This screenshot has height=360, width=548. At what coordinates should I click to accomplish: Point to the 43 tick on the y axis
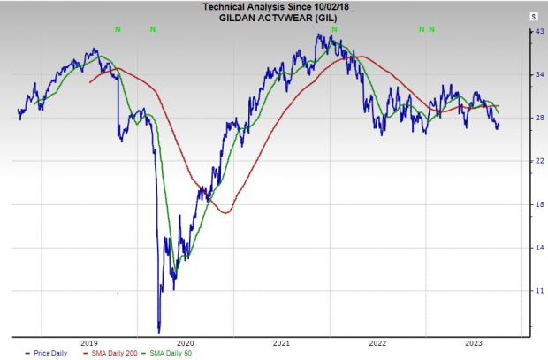[533, 32]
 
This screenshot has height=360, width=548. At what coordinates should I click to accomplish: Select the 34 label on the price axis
[533, 75]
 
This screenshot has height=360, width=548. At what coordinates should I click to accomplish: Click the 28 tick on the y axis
[533, 119]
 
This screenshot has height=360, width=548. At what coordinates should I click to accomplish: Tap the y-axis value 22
[533, 161]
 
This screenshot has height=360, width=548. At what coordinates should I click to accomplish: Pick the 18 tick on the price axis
[533, 204]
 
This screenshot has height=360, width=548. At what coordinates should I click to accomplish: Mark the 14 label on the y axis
[533, 248]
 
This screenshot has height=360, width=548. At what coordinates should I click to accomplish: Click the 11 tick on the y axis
[533, 291]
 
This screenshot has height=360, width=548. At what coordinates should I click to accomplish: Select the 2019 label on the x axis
[89, 342]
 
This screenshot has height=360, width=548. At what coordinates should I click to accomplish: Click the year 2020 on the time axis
[186, 342]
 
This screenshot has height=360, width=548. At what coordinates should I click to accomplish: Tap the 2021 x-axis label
[282, 342]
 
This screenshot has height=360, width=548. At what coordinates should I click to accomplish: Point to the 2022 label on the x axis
[377, 342]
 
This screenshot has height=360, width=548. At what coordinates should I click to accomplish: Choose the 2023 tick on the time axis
[474, 342]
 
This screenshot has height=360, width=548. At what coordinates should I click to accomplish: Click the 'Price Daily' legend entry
[49, 353]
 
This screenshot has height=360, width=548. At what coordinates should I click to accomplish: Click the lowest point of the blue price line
[159, 332]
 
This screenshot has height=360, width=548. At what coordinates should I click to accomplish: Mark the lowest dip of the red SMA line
[226, 213]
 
